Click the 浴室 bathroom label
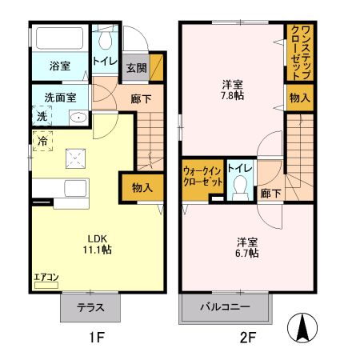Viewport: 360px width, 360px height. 58,66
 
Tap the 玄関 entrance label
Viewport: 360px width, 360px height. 134,69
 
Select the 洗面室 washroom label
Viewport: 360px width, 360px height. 60,98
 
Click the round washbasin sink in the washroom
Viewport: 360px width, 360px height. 78,118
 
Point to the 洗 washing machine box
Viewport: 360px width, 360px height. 41,117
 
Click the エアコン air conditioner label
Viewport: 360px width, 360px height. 46,278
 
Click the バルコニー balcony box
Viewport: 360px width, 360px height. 226,307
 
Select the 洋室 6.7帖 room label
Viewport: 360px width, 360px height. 246,247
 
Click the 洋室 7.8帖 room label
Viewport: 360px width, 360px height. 233,90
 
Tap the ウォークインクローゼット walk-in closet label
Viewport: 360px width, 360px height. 202,176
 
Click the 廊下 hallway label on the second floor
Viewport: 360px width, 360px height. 270,193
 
